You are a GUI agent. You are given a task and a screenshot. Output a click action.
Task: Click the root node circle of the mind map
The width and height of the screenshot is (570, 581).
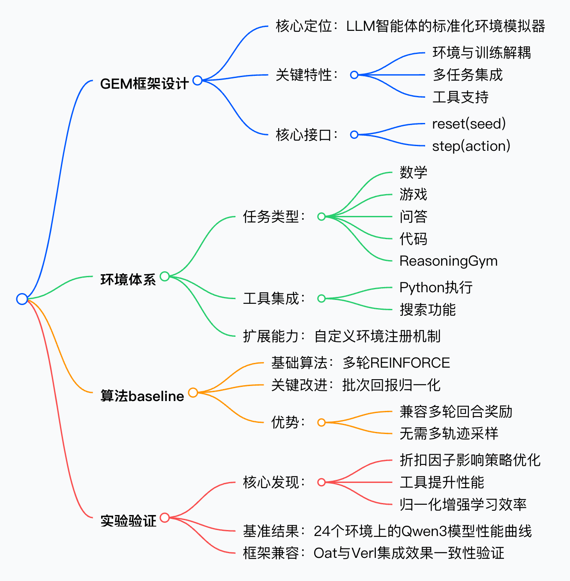pos(22,299)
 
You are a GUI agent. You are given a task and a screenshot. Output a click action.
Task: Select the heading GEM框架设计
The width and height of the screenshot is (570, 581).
pos(144,84)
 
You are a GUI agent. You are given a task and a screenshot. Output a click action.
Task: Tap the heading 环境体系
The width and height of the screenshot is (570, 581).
pos(128,280)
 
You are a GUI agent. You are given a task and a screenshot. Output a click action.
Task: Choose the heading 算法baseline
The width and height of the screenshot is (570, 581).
pos(142,396)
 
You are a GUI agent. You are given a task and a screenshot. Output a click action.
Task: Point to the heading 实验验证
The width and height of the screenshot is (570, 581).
pos(128,521)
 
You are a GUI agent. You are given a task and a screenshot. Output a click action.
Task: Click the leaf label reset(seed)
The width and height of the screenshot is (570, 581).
pos(469,124)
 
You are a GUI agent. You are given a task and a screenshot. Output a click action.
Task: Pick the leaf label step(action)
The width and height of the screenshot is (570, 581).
pos(471,146)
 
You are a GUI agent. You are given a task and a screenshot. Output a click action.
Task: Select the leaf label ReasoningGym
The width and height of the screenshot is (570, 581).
pos(448,261)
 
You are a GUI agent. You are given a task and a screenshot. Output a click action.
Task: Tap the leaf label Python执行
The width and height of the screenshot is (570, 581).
pos(436,288)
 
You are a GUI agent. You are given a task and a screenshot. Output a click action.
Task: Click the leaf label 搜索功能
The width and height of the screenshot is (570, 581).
pos(427,310)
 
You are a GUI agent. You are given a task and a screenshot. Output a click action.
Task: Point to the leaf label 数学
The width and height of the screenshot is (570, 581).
pos(413,173)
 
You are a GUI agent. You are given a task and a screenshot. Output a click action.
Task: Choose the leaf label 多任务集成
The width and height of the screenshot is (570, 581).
pos(467,75)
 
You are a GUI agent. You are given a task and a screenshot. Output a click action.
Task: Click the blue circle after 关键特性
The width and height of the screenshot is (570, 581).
pos(354,75)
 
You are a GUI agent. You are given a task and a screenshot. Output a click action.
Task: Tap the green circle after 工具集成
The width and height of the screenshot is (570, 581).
pos(321,299)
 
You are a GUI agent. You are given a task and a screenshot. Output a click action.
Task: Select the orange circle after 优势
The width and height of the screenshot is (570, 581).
pos(321,422)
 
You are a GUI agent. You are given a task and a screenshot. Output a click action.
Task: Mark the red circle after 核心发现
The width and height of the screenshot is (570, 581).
pos(321,482)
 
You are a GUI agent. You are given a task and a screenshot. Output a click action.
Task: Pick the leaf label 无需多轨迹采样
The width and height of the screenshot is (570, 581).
pos(449,434)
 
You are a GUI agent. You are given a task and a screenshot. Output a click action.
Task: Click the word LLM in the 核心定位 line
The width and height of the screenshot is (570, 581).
pos(360,26)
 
